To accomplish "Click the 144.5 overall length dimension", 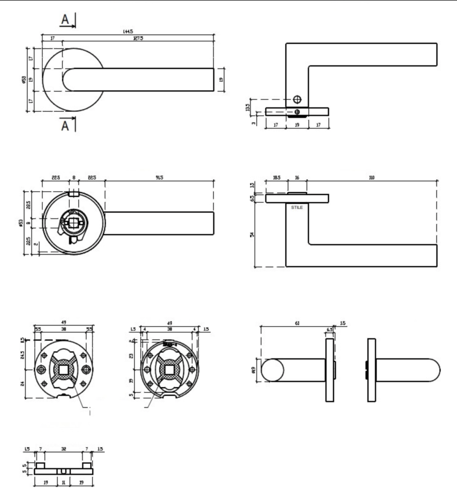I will [128, 32].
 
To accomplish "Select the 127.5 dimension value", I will [138, 38].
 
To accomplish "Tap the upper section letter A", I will [65, 19].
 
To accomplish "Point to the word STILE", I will [297, 208].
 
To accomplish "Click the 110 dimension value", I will [372, 178].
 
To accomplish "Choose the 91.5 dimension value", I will [159, 178].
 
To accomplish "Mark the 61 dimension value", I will [297, 323].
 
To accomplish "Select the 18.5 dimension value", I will [276, 178].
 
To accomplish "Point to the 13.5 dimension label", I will [248, 107].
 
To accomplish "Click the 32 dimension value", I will [64, 449].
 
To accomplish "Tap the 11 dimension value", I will [64, 482].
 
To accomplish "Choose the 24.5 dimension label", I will [22, 355].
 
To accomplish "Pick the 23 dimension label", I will [132, 356].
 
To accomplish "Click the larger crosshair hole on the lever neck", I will [297, 99].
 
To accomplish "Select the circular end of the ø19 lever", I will [271, 370].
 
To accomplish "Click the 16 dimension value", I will [297, 178].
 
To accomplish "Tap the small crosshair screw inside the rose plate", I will [297, 112].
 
